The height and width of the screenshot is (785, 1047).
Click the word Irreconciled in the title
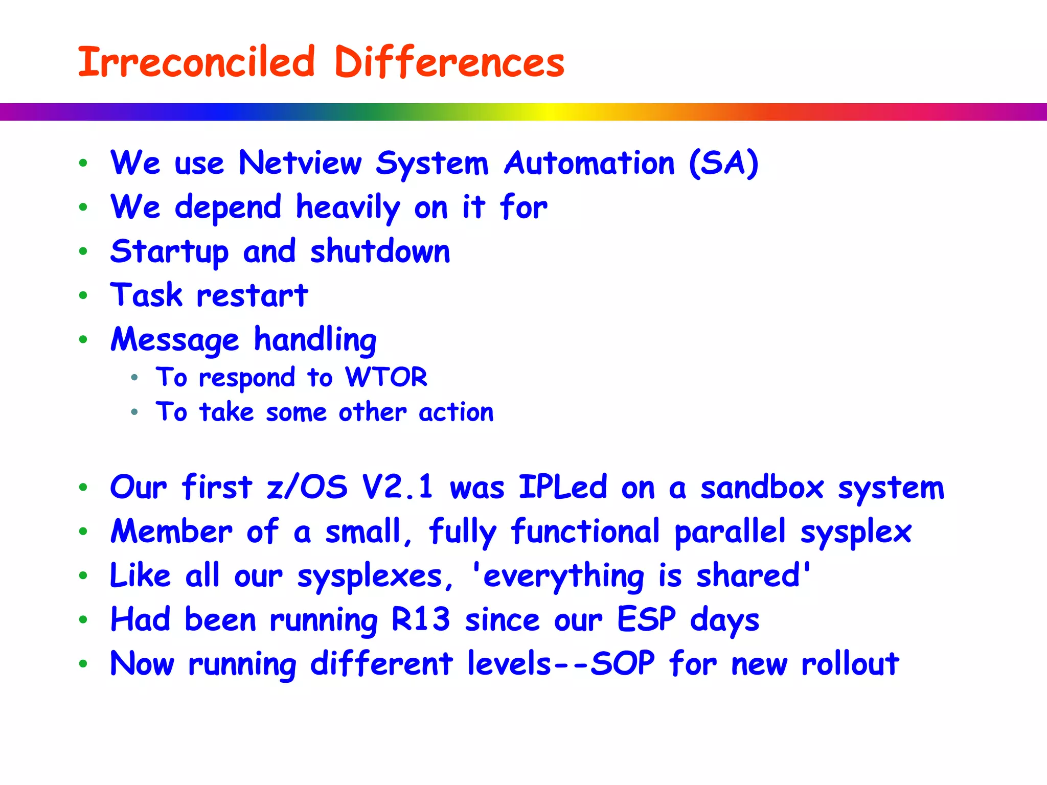tap(196, 62)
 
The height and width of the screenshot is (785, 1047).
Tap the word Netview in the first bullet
tap(300, 164)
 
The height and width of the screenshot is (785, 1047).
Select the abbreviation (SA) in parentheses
tap(723, 164)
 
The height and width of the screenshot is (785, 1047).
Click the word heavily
tap(348, 208)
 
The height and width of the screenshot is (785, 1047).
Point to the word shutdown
tap(380, 251)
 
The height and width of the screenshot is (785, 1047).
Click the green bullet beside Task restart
tap(83, 295)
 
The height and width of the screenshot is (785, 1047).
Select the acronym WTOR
tap(386, 377)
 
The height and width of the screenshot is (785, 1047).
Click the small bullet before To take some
tap(134, 412)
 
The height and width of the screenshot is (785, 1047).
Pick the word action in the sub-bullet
tap(456, 412)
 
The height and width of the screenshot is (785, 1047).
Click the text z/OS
tap(307, 487)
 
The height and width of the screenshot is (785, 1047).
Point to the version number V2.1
tap(397, 487)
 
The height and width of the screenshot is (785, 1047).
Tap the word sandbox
tap(762, 487)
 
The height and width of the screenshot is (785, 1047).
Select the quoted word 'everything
tap(557, 576)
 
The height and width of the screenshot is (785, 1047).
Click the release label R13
tap(420, 619)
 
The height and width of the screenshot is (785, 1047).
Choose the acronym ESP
tap(646, 619)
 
